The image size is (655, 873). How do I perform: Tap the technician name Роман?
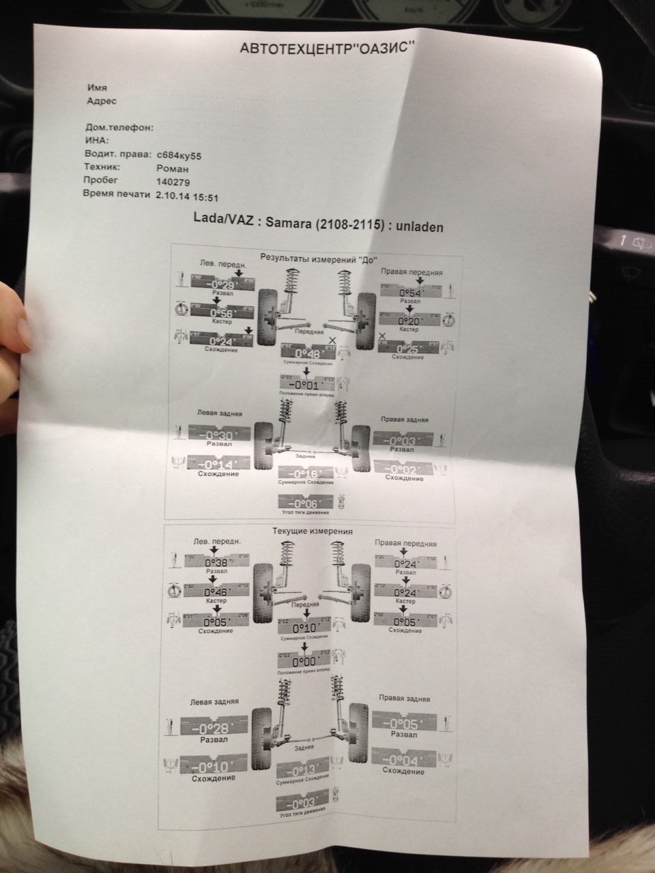point(173,168)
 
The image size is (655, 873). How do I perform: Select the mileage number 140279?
point(173,182)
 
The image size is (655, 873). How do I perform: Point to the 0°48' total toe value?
point(308,355)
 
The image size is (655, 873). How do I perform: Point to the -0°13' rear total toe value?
point(304,771)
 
